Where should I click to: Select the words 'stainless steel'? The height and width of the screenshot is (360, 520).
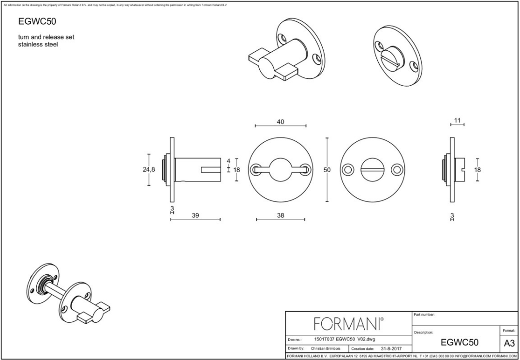[38, 45]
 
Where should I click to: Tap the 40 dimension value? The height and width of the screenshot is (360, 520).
[281, 122]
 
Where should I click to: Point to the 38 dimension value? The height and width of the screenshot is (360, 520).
[281, 215]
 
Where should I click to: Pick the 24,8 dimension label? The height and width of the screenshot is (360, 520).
[149, 169]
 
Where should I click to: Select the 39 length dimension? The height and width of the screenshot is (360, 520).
[195, 215]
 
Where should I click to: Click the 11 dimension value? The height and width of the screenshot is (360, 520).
[457, 120]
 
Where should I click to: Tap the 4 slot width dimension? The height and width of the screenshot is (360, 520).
[229, 161]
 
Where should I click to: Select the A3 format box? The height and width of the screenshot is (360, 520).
[509, 343]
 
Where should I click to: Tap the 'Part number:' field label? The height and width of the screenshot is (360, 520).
[425, 315]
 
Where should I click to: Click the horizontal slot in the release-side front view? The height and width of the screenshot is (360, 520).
[372, 169]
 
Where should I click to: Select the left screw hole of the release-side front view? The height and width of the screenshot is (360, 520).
[347, 169]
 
